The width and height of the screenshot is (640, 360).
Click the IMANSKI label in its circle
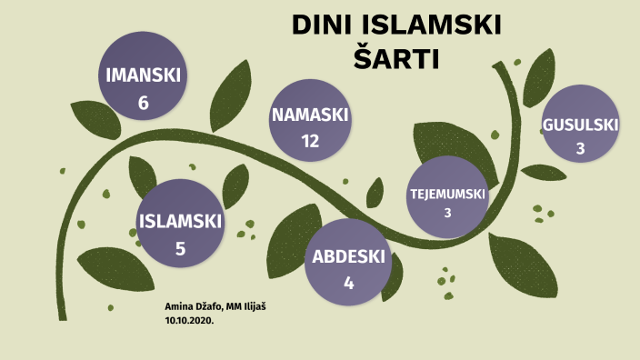click(x=143, y=75)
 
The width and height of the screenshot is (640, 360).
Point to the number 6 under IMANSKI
click(x=143, y=103)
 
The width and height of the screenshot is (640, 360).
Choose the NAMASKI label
click(x=310, y=115)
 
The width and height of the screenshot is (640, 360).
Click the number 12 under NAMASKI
click(x=310, y=141)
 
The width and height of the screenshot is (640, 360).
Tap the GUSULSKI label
click(x=580, y=125)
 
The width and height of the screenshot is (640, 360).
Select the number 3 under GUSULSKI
click(x=580, y=149)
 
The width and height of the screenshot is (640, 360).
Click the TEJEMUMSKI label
click(x=447, y=195)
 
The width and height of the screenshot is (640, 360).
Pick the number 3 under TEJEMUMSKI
click(x=447, y=214)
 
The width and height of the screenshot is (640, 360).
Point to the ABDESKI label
click(x=349, y=256)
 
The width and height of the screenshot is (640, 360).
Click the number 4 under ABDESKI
click(x=348, y=283)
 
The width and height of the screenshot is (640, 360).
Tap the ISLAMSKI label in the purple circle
click(x=180, y=221)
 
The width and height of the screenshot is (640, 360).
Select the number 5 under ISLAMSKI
click(x=180, y=248)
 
